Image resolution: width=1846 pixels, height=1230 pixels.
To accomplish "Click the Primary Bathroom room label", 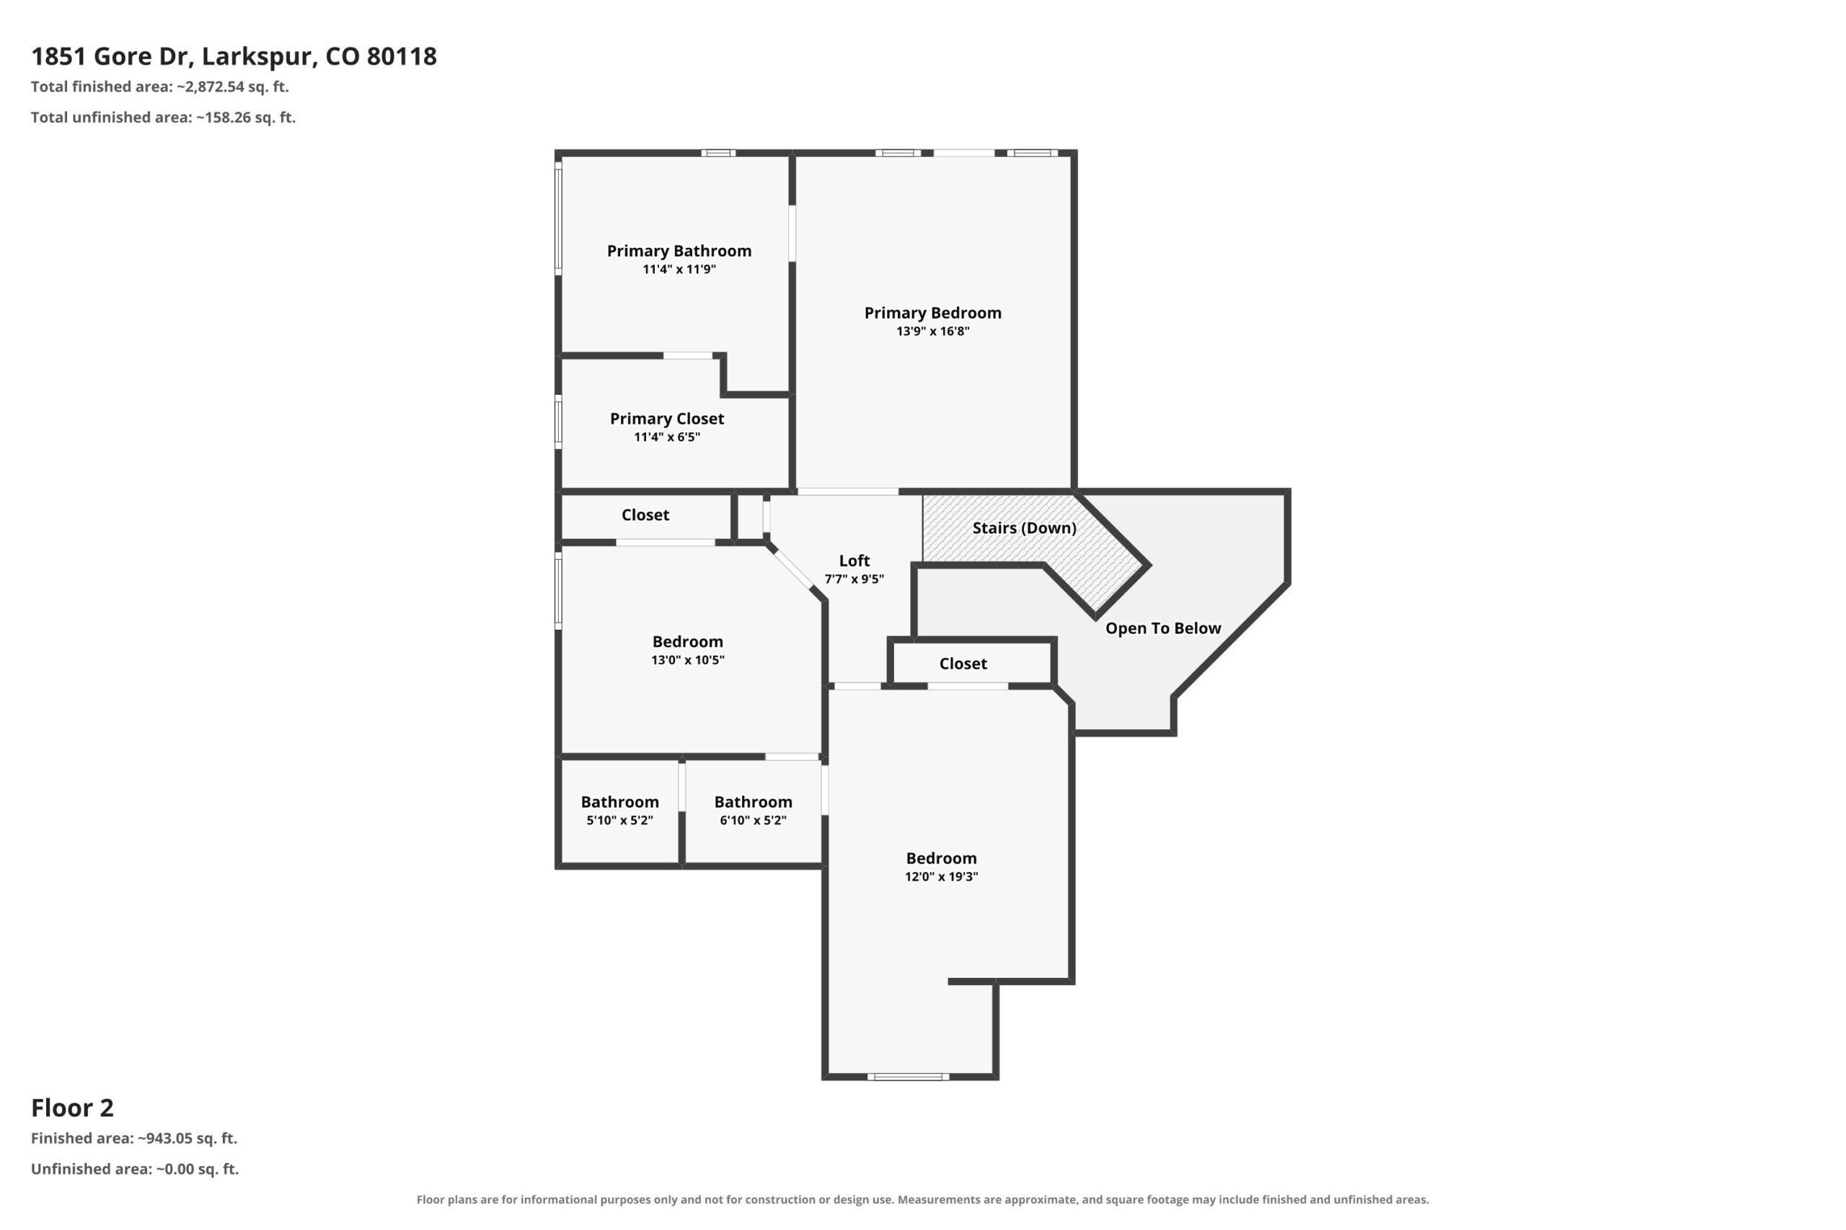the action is (679, 251).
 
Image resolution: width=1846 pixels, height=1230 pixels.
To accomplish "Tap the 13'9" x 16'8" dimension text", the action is (932, 331).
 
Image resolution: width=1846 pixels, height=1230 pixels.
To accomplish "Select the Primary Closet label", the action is (666, 419).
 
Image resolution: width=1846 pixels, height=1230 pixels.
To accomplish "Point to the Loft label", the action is (854, 561).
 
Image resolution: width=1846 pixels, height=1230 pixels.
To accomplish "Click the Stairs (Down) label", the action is (1024, 528).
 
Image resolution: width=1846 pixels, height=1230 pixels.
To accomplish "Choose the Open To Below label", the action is (1163, 628).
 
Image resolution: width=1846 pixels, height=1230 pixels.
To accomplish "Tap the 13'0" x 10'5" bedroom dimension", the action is (687, 660).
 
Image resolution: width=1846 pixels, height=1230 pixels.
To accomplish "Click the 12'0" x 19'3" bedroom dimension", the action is (941, 876).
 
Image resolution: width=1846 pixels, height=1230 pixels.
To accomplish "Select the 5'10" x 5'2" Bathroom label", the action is (619, 802).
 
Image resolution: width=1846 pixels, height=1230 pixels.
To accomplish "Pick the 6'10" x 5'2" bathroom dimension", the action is (753, 820).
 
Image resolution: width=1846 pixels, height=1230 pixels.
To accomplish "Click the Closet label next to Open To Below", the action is (963, 664).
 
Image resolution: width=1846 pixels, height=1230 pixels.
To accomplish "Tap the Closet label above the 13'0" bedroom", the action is (645, 515).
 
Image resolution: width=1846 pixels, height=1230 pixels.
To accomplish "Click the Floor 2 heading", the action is (72, 1108).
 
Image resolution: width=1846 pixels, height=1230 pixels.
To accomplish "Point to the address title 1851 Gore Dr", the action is (234, 56).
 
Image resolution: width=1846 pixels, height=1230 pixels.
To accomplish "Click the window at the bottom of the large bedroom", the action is (908, 1077).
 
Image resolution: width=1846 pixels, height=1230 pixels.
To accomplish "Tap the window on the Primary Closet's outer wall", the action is (559, 422).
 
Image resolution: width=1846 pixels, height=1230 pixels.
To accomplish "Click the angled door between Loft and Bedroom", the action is (791, 569).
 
